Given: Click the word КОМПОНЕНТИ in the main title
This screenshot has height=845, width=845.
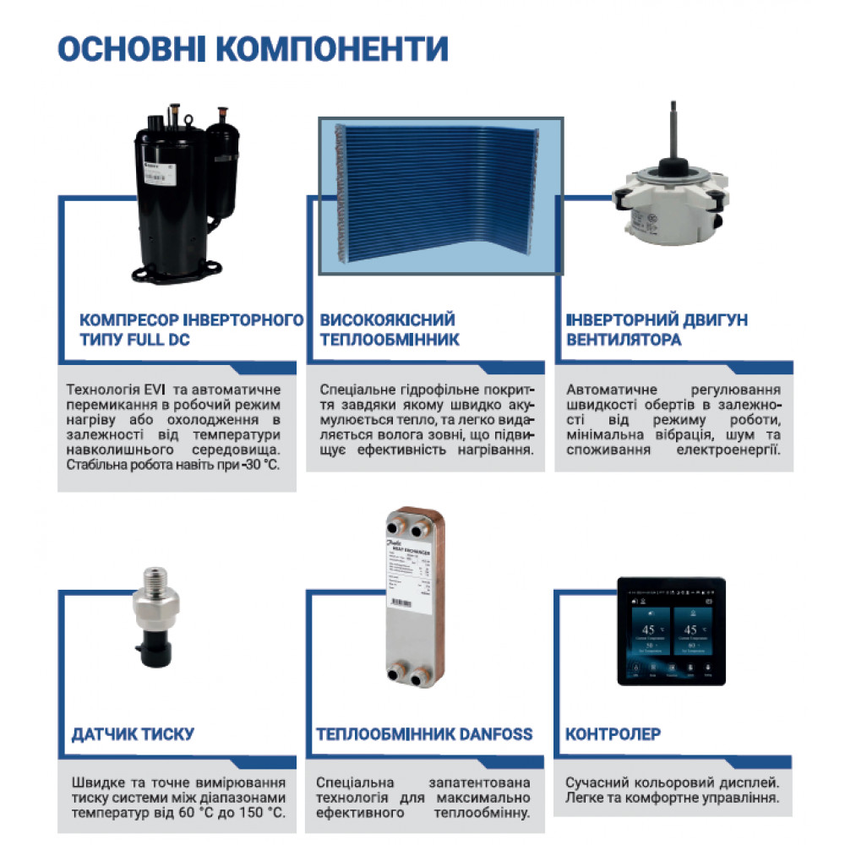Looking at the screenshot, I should point(332,50).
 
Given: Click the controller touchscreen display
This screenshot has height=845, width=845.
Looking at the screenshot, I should point(671,634).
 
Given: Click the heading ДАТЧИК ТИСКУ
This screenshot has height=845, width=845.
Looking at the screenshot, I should point(134,733).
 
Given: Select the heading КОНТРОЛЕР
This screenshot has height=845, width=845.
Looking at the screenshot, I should point(613,733).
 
